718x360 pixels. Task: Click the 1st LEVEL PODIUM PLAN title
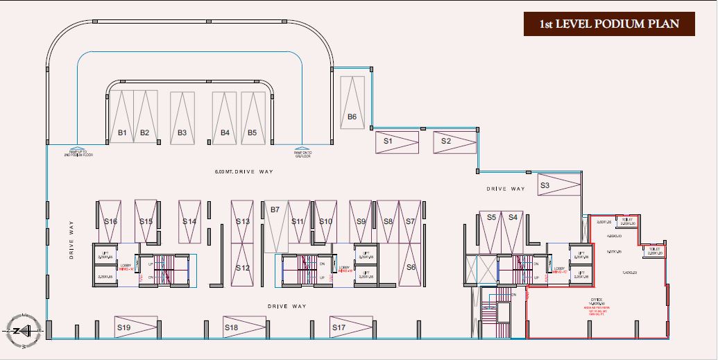point(610,24)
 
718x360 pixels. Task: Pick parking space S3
point(559,185)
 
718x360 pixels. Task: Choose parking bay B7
point(277,226)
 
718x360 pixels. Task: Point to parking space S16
point(110,221)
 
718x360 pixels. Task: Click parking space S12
point(242,266)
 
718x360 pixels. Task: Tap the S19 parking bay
point(135,327)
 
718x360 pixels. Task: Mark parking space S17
point(349,327)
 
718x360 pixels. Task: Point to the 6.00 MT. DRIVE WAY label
point(241,171)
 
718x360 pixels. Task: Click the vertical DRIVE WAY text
point(71,240)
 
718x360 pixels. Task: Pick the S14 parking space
point(189,221)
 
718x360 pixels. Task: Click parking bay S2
point(455,142)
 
